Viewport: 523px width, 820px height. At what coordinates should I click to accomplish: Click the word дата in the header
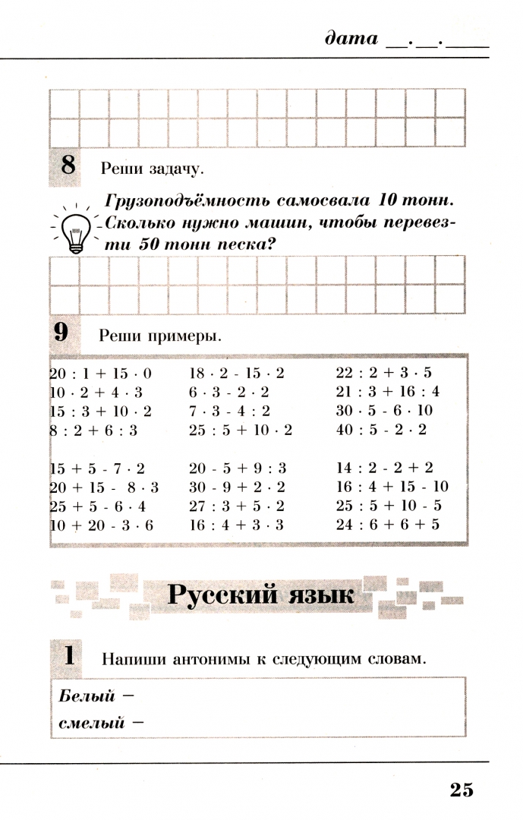[x=351, y=38]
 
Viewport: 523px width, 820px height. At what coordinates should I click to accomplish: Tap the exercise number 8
[x=68, y=166]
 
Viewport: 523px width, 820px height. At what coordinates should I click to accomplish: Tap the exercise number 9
[x=61, y=333]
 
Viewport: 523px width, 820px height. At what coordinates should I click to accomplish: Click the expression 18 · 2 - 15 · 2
[x=236, y=373]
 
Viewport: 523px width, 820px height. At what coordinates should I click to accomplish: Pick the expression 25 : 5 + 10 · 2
[x=241, y=430]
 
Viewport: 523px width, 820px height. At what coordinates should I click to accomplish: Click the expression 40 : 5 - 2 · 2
[x=382, y=430]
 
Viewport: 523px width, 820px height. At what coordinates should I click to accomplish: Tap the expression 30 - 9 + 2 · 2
[x=237, y=487]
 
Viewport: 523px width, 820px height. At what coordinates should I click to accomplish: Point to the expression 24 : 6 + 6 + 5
[x=388, y=525]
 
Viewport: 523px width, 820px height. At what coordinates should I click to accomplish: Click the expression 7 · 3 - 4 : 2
[x=229, y=411]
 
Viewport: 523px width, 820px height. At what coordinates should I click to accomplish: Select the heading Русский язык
[x=260, y=595]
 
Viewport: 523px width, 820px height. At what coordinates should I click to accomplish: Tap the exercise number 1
[x=69, y=656]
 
